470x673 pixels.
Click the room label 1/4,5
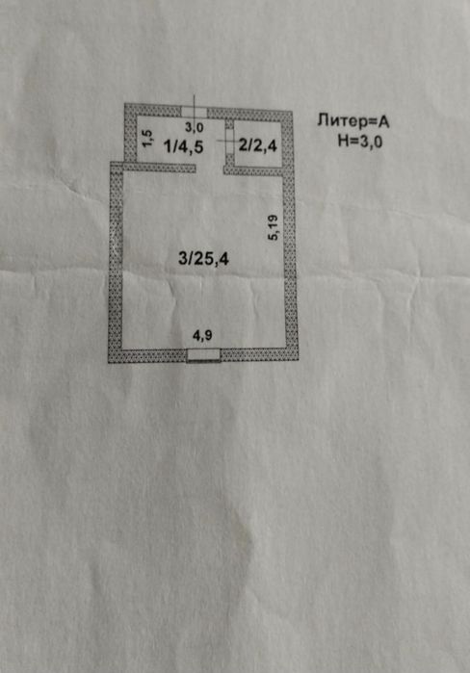click(184, 146)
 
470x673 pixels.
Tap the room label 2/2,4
click(257, 145)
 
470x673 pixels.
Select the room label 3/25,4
click(203, 259)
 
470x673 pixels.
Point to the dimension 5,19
click(273, 228)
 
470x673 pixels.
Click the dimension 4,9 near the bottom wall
click(202, 336)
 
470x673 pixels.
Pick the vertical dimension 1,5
click(147, 139)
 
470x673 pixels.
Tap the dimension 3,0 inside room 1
click(194, 127)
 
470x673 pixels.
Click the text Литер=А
click(353, 121)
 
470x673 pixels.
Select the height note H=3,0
click(359, 142)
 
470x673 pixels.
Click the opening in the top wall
click(194, 113)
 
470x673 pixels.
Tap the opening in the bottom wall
click(204, 355)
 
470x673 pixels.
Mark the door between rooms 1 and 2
click(229, 142)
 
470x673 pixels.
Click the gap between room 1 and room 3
click(210, 168)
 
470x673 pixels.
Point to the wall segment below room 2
click(253, 171)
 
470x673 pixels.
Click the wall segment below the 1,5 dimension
click(160, 168)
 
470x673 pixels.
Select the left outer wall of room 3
click(117, 262)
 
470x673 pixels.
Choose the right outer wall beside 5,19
click(290, 262)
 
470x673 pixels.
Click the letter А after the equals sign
click(383, 122)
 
